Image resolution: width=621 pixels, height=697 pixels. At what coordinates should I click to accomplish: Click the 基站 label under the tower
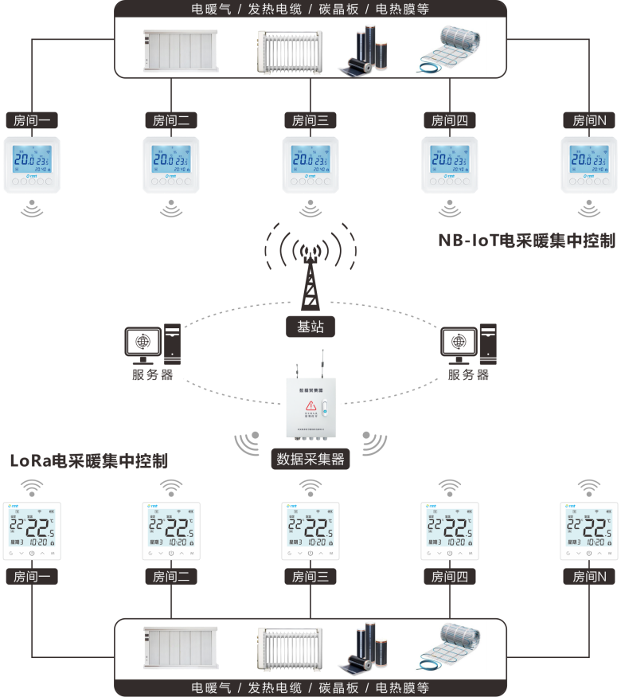pos(310,327)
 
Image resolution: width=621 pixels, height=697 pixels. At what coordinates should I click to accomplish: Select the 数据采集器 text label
pos(310,459)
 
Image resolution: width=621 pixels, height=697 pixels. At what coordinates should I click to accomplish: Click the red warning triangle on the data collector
pos(310,407)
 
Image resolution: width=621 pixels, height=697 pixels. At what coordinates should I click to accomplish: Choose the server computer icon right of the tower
pos(470,344)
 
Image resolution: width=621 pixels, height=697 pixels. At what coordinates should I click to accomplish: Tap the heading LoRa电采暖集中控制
pos(89,460)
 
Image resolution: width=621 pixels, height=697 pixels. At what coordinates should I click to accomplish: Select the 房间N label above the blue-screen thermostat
pos(589,120)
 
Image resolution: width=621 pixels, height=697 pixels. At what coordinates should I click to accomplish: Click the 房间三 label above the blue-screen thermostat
pos(310,120)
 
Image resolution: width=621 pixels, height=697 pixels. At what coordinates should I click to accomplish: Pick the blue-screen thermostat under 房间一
pos(32,165)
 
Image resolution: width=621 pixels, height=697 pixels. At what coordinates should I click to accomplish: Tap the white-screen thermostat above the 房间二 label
pos(171,531)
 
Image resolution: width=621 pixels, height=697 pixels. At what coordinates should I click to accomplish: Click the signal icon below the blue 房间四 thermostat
pos(450,209)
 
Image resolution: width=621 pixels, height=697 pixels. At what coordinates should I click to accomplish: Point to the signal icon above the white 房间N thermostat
pos(589,486)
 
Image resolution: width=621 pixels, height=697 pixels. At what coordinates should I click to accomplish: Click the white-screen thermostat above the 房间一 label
pos(32,531)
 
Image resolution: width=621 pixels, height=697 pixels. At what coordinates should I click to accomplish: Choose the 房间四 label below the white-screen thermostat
pos(450,576)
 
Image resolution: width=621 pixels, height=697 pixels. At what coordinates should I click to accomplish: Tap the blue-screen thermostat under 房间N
pos(589,165)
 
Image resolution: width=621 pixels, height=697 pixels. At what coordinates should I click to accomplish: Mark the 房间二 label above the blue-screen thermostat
pos(171,120)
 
